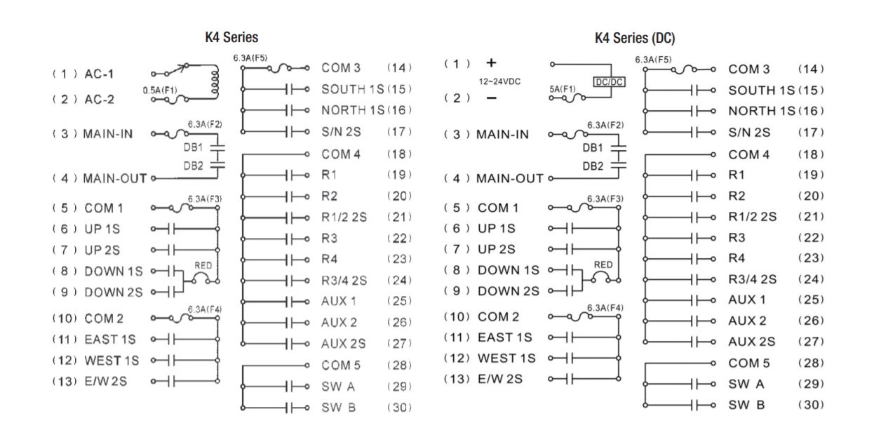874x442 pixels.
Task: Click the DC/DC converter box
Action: pyautogui.click(x=609, y=82)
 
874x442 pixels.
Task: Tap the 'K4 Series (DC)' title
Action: pyautogui.click(x=635, y=38)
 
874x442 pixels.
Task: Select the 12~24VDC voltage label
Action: pyautogui.click(x=499, y=81)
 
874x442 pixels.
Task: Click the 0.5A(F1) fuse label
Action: pyautogui.click(x=160, y=91)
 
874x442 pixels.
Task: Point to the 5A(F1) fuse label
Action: pyautogui.click(x=563, y=89)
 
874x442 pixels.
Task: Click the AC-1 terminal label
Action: pyautogui.click(x=99, y=74)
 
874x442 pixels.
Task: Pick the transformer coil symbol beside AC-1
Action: pyautogui.click(x=215, y=82)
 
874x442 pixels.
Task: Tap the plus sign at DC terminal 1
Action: pyautogui.click(x=492, y=63)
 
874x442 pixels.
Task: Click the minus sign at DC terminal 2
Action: pyautogui.click(x=492, y=98)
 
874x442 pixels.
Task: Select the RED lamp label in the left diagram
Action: pyautogui.click(x=203, y=266)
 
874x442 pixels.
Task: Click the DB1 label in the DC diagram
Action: pyautogui.click(x=593, y=148)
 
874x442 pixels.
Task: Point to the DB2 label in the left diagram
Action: pyautogui.click(x=194, y=166)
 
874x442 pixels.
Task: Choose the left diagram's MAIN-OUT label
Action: pyautogui.click(x=115, y=178)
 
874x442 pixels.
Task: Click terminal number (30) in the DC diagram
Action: pyautogui.click(x=811, y=405)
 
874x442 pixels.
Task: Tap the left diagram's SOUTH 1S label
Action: pyautogui.click(x=353, y=89)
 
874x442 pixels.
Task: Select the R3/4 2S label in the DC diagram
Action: pyautogui.click(x=752, y=279)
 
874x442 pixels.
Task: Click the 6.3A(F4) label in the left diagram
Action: pyautogui.click(x=205, y=309)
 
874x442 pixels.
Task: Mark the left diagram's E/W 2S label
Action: pyautogui.click(x=106, y=381)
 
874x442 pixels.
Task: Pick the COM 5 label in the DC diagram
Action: pyautogui.click(x=749, y=363)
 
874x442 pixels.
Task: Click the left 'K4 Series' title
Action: pyautogui.click(x=231, y=37)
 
